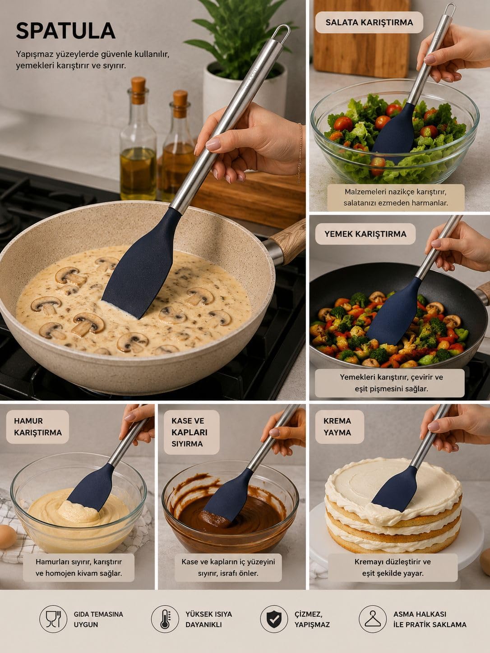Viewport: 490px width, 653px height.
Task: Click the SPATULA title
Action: pyautogui.click(x=65, y=31)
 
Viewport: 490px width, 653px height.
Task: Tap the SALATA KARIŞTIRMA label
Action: pyautogui.click(x=369, y=22)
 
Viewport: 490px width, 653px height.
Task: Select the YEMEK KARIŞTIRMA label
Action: pyautogui.click(x=365, y=234)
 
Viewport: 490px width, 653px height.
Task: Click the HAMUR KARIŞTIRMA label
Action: pyautogui.click(x=38, y=427)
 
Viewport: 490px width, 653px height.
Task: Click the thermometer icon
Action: pyautogui.click(x=165, y=619)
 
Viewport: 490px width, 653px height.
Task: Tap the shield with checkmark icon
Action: pyautogui.click(x=274, y=619)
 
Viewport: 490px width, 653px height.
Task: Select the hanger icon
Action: pyautogui.click(x=373, y=619)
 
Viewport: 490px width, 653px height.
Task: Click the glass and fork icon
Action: pyautogui.click(x=53, y=619)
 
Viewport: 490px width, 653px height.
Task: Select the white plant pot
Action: pyautogui.click(x=245, y=89)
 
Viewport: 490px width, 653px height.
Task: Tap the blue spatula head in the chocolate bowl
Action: pyautogui.click(x=228, y=496)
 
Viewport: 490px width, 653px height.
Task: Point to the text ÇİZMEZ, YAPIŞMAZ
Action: pyautogui.click(x=312, y=619)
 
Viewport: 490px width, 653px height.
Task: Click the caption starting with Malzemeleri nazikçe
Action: pyautogui.click(x=396, y=197)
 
